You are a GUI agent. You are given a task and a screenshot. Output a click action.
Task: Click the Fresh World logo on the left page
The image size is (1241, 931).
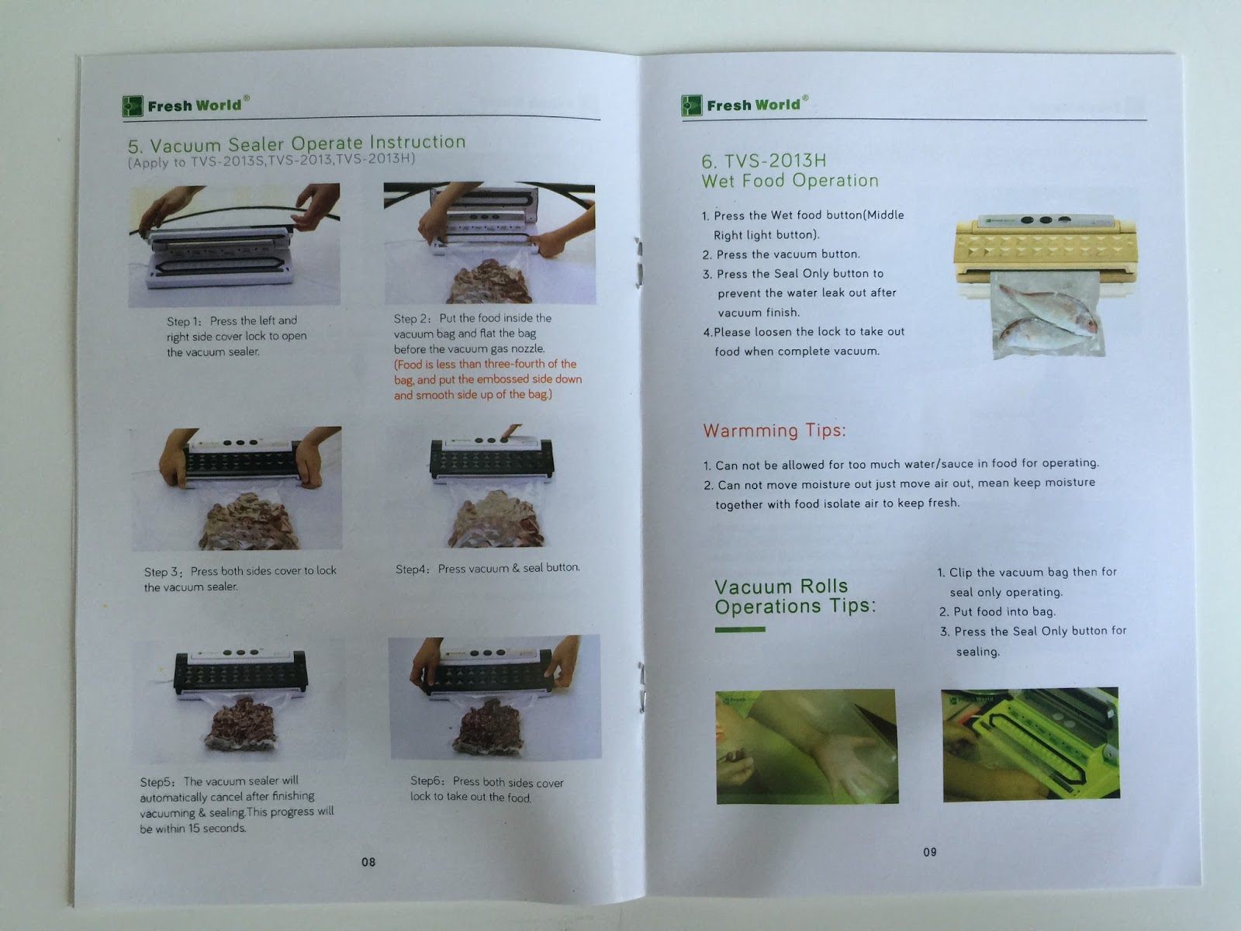click(186, 106)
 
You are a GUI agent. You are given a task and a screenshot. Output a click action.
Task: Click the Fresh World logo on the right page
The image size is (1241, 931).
click(745, 105)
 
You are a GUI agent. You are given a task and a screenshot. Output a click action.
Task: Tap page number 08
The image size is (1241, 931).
click(368, 862)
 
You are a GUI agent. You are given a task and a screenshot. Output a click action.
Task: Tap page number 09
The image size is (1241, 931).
click(930, 852)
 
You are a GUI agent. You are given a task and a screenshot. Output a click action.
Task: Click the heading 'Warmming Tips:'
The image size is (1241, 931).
click(774, 431)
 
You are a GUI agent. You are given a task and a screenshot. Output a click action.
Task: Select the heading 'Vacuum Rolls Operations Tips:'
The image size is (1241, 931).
click(795, 597)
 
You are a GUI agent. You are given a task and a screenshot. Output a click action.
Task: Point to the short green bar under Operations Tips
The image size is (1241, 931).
click(739, 629)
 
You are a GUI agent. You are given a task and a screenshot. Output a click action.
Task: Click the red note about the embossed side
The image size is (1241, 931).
click(487, 379)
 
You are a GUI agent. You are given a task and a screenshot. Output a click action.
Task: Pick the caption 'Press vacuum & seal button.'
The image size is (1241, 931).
click(509, 568)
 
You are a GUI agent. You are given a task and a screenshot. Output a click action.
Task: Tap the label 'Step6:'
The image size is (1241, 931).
click(428, 780)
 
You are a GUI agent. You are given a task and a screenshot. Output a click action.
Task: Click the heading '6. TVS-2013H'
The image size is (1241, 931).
click(764, 161)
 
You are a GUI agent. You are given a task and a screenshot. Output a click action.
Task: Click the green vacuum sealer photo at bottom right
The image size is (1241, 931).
click(1030, 743)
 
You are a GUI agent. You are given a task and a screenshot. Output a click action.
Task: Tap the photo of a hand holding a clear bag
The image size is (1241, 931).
click(807, 746)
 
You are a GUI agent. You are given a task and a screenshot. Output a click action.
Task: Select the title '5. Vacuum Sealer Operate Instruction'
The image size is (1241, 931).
click(297, 144)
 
